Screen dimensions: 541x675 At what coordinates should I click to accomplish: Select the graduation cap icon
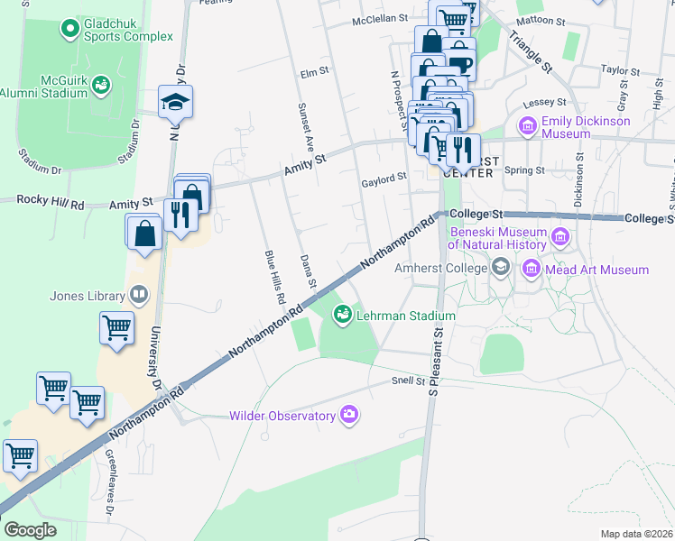click(176, 102)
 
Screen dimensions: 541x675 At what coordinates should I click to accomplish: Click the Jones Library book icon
click(138, 293)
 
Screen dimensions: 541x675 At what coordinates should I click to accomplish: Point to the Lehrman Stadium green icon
click(342, 315)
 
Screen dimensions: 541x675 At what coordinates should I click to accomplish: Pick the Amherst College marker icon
click(501, 268)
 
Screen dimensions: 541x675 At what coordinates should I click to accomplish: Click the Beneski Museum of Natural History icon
click(560, 238)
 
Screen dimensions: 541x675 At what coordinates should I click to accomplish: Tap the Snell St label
click(408, 381)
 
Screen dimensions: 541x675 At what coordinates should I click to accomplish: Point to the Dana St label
click(308, 270)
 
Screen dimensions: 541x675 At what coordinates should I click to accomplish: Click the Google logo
click(30, 530)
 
